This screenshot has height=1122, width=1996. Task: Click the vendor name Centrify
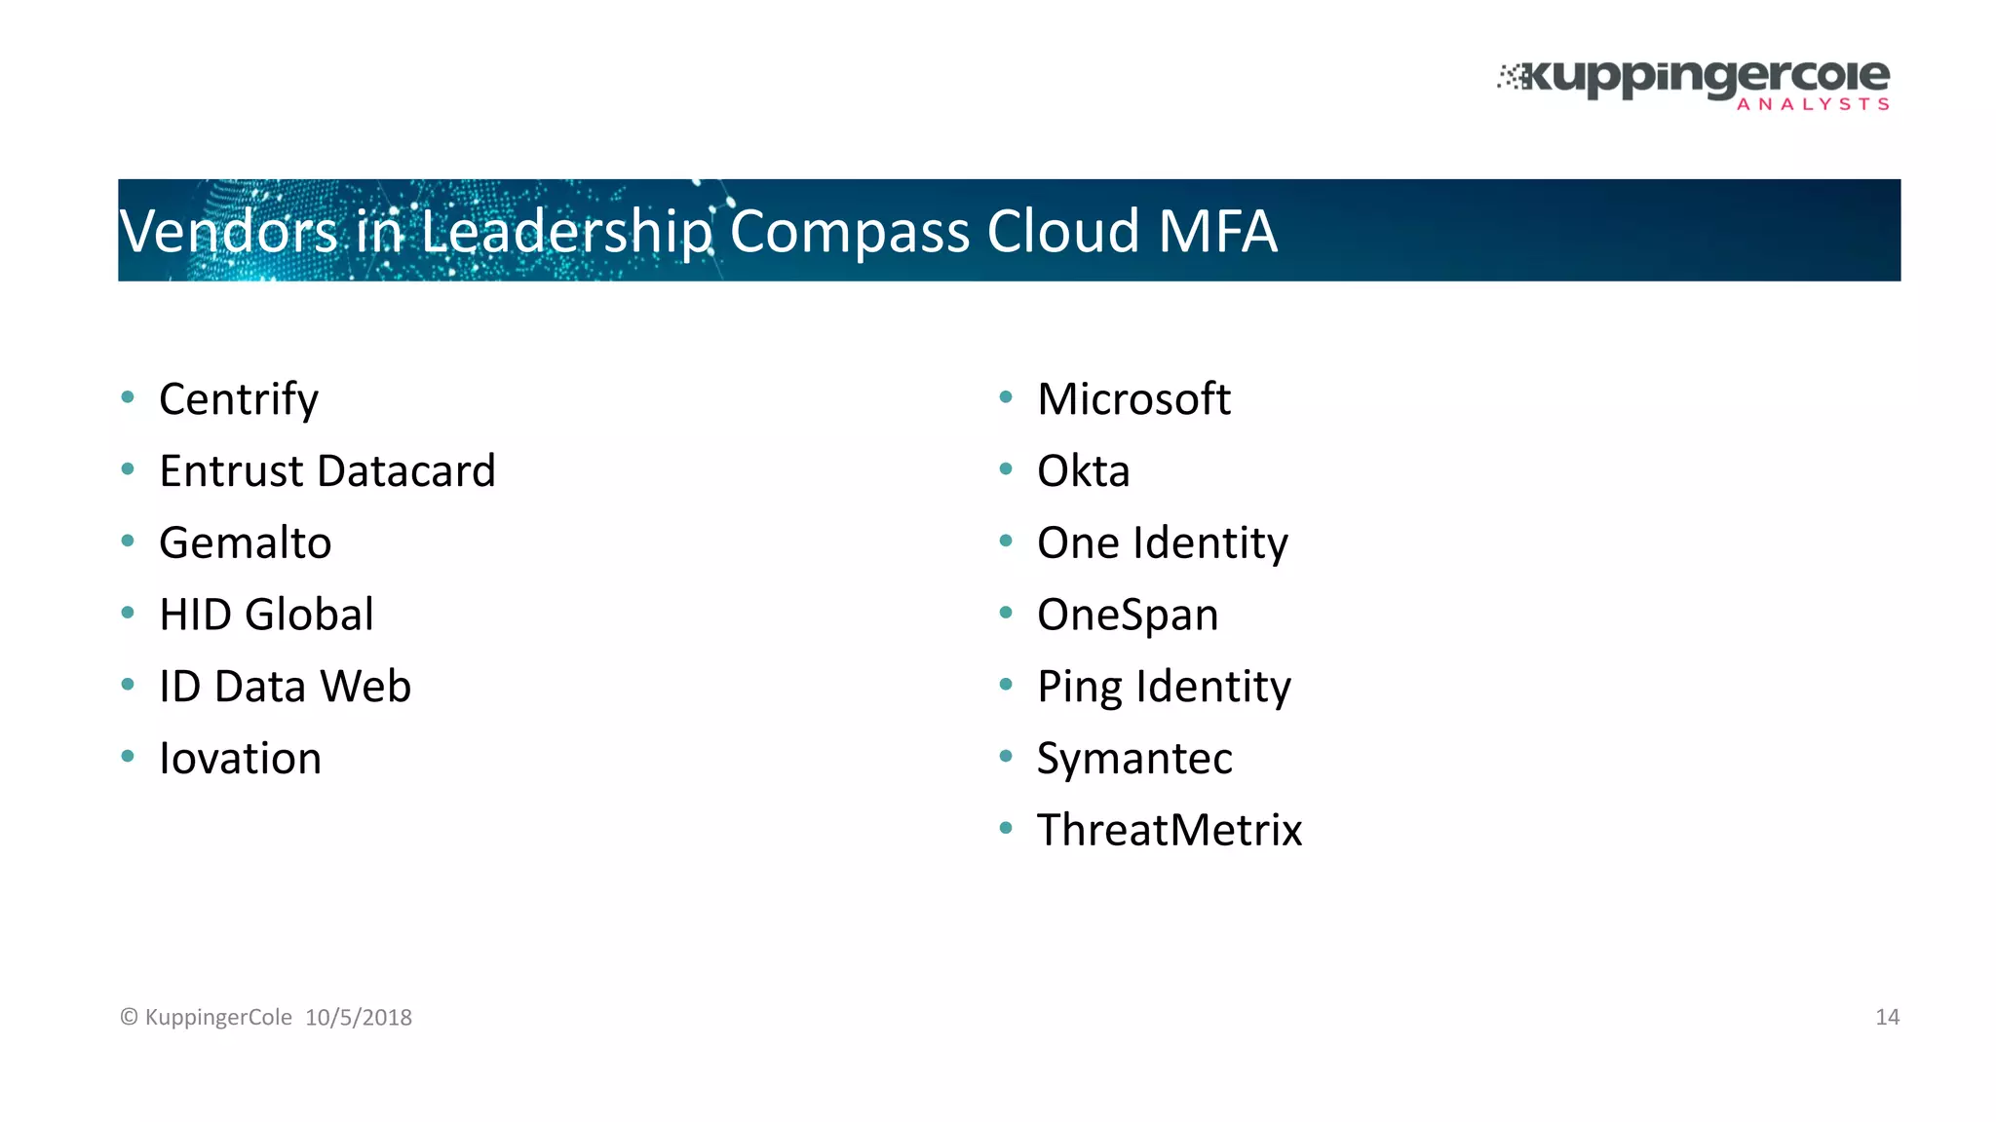point(239,399)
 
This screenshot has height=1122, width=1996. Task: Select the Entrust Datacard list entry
point(327,471)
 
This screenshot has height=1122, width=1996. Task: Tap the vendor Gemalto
point(246,543)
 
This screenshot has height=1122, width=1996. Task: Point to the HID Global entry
point(266,615)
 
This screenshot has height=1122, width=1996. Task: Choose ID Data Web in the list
point(285,687)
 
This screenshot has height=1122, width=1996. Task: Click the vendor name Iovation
point(240,759)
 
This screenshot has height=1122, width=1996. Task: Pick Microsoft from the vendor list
point(1133,399)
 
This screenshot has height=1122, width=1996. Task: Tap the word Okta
point(1083,471)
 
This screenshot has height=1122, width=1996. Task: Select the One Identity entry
point(1162,543)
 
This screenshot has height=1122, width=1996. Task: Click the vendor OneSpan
point(1128,615)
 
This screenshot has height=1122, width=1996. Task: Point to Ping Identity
point(1164,687)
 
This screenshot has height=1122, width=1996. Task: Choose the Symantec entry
point(1134,759)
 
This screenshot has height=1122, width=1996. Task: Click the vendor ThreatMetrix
point(1170,831)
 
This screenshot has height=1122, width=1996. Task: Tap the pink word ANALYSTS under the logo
point(1813,104)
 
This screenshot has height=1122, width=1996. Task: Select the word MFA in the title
point(1217,232)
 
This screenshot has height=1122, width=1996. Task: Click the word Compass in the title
point(849,232)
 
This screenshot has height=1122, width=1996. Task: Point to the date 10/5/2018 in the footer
point(359,1018)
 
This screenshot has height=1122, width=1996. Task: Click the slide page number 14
point(1887,1018)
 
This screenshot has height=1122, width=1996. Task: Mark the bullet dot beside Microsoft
point(1006,396)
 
